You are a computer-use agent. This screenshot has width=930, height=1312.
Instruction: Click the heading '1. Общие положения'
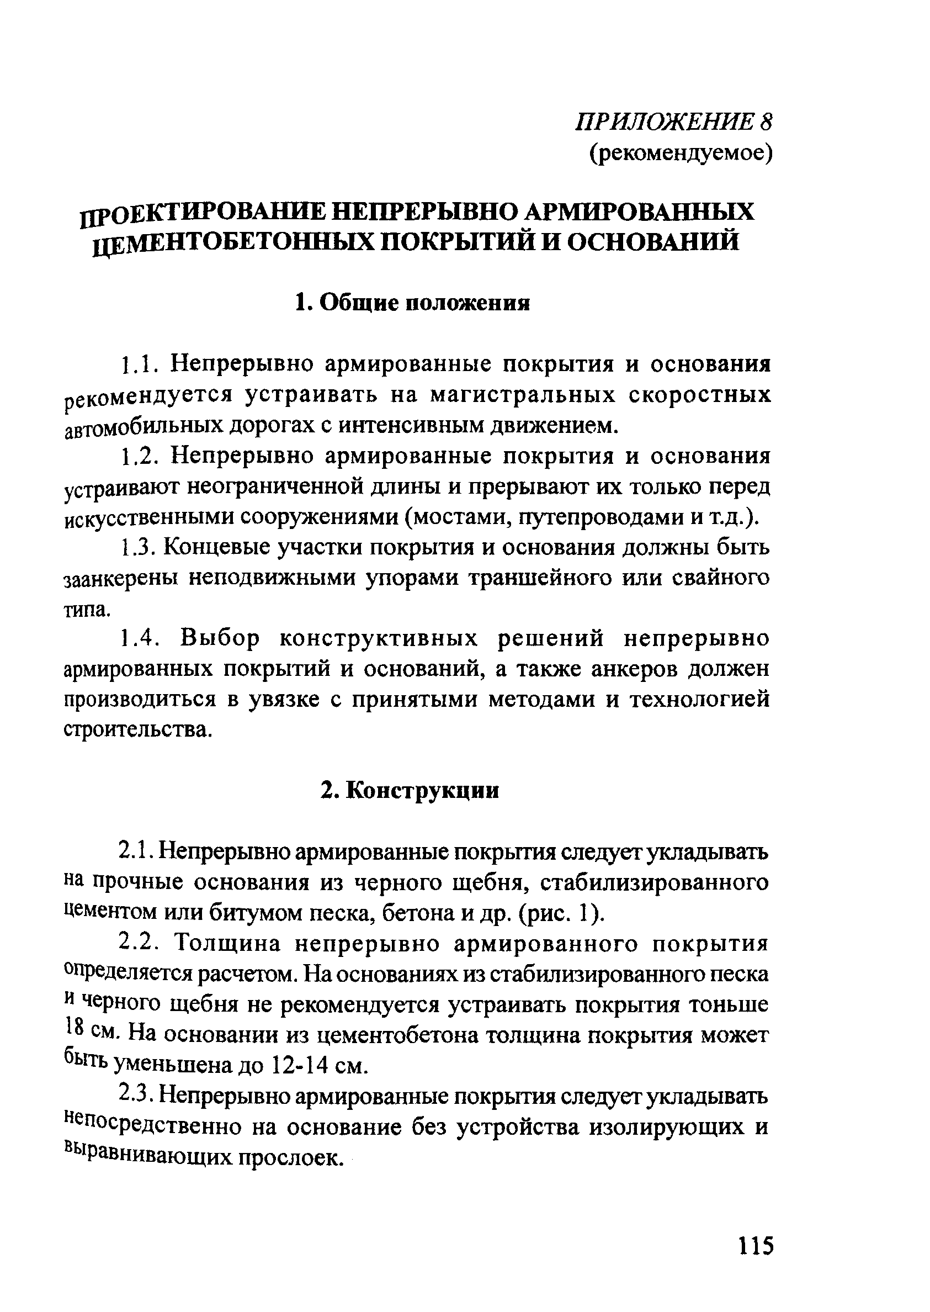tap(412, 303)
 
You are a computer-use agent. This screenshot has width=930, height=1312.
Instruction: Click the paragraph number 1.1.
tap(136, 365)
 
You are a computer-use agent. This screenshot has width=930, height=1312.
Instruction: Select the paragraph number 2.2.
tap(137, 943)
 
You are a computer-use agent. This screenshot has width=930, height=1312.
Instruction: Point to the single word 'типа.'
tap(86, 610)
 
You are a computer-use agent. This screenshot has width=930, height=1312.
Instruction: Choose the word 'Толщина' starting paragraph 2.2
tap(227, 943)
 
